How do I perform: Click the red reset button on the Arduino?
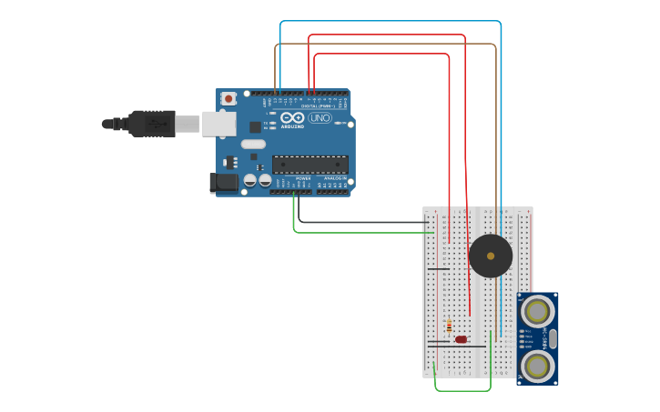(228, 97)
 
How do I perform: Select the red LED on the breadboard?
(462, 339)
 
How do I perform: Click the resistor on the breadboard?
(449, 326)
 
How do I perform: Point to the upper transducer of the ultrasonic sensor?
(537, 312)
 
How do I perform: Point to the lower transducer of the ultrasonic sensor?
(537, 366)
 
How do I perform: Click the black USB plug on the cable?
(151, 124)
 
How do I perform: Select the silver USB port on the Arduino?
(218, 124)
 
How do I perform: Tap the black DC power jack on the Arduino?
(224, 183)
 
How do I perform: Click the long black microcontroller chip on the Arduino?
(310, 165)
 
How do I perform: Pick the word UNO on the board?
(320, 118)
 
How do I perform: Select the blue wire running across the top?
(391, 21)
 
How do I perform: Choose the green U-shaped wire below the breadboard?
(462, 391)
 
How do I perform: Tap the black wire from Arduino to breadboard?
(364, 222)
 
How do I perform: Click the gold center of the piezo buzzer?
(491, 256)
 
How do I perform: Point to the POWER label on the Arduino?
(303, 178)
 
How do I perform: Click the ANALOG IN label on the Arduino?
(333, 178)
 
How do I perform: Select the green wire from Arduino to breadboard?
(364, 233)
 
